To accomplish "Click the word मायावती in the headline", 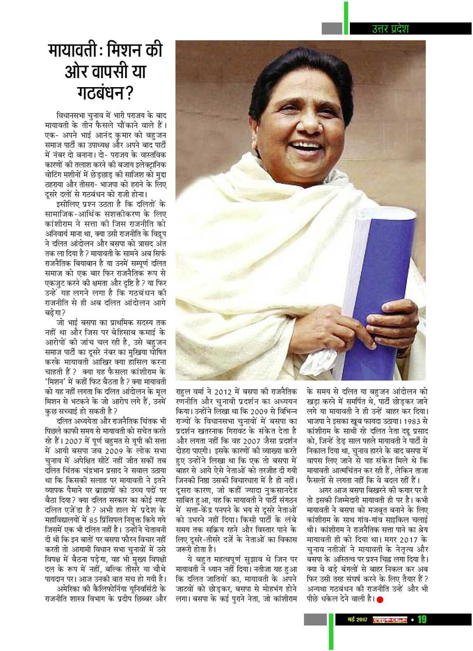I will pos(77,53).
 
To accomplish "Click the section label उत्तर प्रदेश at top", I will pos(386,29).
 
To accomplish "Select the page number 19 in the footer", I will pos(421,619).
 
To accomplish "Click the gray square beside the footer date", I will pos(315,619).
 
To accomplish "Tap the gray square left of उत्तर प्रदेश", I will pos(331,29).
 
